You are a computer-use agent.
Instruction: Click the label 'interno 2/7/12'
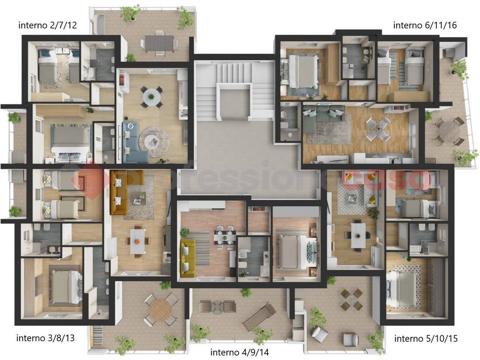pos(48,25)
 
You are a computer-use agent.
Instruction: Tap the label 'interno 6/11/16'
pos(425,25)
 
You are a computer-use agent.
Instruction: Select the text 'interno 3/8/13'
pos(45,338)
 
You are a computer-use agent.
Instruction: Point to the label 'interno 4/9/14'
pos(240,352)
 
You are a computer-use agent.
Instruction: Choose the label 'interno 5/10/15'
pos(426,338)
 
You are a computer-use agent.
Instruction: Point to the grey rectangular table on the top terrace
pos(159,43)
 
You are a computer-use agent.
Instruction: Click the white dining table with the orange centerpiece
pos(138,241)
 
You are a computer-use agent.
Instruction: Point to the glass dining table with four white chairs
pos(378,129)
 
